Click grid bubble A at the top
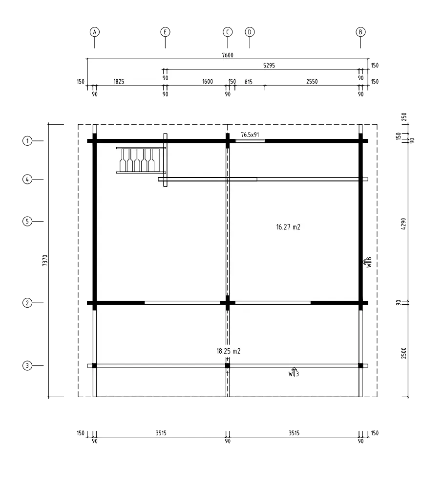(95, 32)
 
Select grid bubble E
(165, 32)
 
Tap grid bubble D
(250, 32)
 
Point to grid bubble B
(361, 32)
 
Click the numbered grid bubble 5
(27, 221)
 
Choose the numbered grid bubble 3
(27, 365)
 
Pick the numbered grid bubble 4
(27, 180)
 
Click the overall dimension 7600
(228, 55)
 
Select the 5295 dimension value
(269, 66)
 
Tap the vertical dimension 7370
(45, 260)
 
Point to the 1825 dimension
(119, 82)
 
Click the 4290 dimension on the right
(404, 224)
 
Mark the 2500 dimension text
(404, 353)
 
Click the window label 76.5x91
(250, 135)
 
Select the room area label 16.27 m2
(288, 227)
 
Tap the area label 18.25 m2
(228, 351)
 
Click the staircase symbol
(141, 160)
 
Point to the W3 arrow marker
(294, 372)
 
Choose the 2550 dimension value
(312, 82)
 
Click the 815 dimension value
(249, 82)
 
